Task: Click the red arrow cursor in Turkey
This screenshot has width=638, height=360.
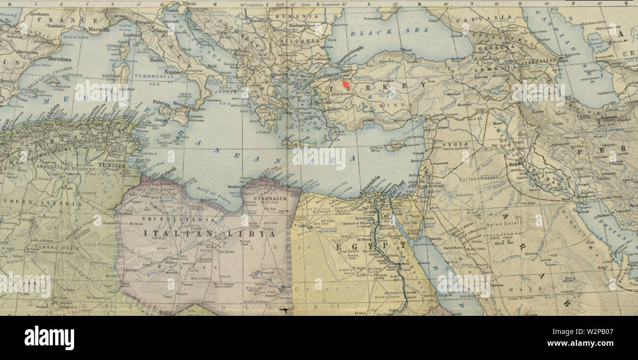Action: point(346,84)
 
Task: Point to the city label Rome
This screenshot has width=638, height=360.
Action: point(156,60)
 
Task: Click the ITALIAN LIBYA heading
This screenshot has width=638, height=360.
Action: point(210,234)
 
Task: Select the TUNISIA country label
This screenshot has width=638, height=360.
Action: point(112,166)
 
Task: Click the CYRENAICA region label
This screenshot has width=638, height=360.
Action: point(269,198)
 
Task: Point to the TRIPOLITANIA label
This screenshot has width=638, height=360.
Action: point(178,219)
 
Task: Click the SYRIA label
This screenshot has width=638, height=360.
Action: point(452,145)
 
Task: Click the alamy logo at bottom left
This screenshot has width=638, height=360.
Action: point(49,338)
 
